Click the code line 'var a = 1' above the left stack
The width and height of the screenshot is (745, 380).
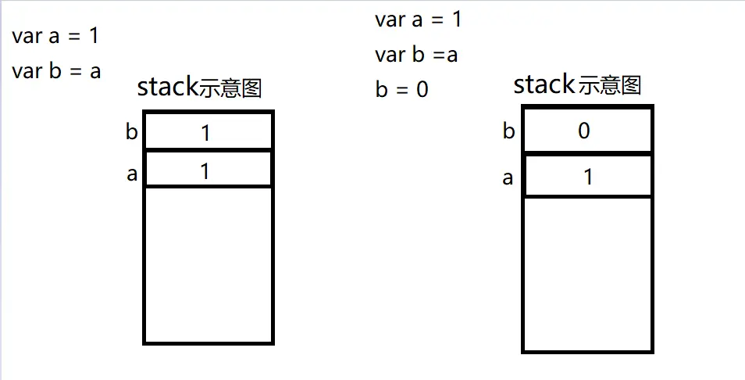coord(55,36)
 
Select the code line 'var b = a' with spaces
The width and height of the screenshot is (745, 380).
coord(56,71)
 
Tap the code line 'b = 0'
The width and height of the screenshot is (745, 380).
coord(402,89)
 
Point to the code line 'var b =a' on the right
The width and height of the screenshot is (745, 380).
coord(416,55)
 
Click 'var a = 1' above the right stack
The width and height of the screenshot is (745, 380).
coord(418,20)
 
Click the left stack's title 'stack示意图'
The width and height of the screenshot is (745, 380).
coord(199,88)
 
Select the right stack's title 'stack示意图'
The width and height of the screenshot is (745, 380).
coord(576,84)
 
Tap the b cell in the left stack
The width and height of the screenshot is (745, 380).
coord(208,131)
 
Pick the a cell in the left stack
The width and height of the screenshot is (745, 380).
coord(208,170)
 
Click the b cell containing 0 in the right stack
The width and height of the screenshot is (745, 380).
coord(587,131)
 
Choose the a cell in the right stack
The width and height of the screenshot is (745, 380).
coord(587,177)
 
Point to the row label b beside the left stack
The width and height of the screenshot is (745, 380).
coord(131,131)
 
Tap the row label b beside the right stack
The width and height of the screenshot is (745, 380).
coord(508,131)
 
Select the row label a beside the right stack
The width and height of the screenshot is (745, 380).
coord(508,178)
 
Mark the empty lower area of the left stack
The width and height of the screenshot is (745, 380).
coord(208,263)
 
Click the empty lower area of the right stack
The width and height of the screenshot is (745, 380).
coord(587,274)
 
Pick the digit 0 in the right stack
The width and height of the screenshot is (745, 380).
coord(584,131)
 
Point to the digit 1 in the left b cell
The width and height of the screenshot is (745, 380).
coord(205,133)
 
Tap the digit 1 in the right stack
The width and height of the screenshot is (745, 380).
coord(588,177)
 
